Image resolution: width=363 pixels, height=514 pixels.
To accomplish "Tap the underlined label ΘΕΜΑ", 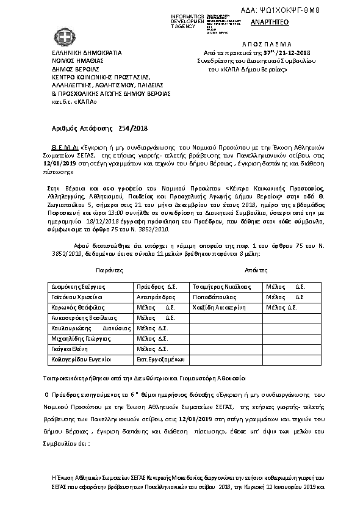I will [63, 148].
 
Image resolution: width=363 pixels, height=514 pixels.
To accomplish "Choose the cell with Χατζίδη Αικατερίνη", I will [223, 307].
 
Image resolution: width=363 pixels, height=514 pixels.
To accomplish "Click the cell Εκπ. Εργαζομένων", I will [160, 360].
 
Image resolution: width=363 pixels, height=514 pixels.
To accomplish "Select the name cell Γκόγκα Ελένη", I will [67, 349].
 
